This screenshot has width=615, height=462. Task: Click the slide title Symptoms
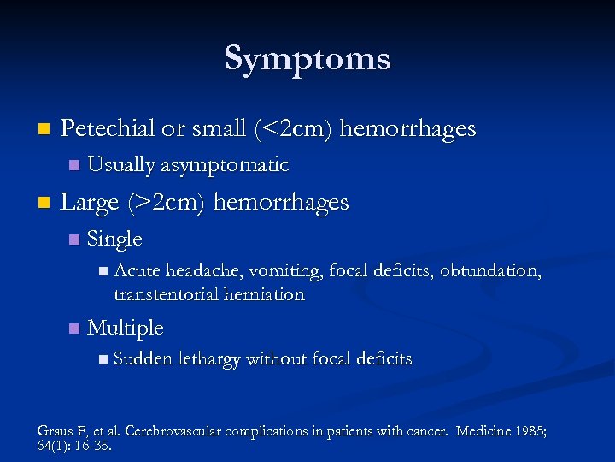click(307, 59)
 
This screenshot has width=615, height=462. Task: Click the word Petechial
click(108, 128)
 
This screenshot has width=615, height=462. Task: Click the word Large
click(90, 202)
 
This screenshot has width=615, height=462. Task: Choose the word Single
click(114, 239)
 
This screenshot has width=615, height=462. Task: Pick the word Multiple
click(125, 328)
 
